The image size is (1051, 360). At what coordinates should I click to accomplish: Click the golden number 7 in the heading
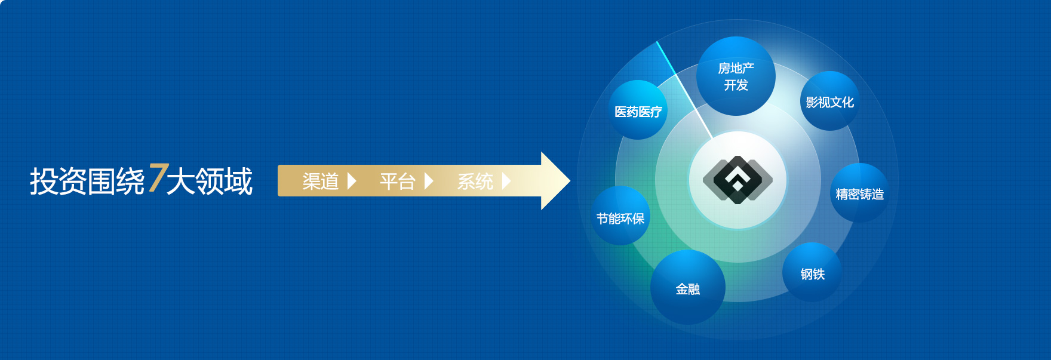pyautogui.click(x=158, y=178)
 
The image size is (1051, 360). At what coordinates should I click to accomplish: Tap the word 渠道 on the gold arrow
pyautogui.click(x=321, y=181)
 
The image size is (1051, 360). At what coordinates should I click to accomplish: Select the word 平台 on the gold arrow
pyautogui.click(x=398, y=181)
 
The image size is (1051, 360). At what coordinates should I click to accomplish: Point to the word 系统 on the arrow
pyautogui.click(x=475, y=181)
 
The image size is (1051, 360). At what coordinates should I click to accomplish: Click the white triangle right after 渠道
pyautogui.click(x=352, y=181)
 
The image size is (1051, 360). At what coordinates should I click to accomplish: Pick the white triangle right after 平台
pyautogui.click(x=429, y=181)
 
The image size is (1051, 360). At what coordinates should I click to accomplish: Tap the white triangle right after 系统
pyautogui.click(x=506, y=181)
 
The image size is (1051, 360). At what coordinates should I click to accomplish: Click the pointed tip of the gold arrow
pyautogui.click(x=570, y=181)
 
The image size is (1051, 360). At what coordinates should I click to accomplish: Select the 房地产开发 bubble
pyautogui.click(x=736, y=76)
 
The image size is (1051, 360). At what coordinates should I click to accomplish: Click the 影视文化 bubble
pyautogui.click(x=830, y=101)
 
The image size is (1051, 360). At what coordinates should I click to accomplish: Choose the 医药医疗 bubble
pyautogui.click(x=638, y=110)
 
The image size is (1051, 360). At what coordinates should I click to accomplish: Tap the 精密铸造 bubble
pyautogui.click(x=860, y=193)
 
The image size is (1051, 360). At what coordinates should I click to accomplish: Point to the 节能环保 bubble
pyautogui.click(x=620, y=216)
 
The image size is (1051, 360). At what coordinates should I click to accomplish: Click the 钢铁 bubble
pyautogui.click(x=812, y=272)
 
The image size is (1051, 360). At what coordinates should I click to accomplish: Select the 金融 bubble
pyautogui.click(x=688, y=287)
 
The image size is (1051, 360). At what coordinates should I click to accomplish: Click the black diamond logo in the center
pyautogui.click(x=737, y=180)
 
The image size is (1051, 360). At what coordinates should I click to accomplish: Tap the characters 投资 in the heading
pyautogui.click(x=59, y=181)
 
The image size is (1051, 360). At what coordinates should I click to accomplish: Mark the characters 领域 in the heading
pyautogui.click(x=224, y=181)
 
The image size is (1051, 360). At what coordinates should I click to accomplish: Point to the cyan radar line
pyautogui.click(x=684, y=90)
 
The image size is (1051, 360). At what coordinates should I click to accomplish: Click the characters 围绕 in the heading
pyautogui.click(x=116, y=181)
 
